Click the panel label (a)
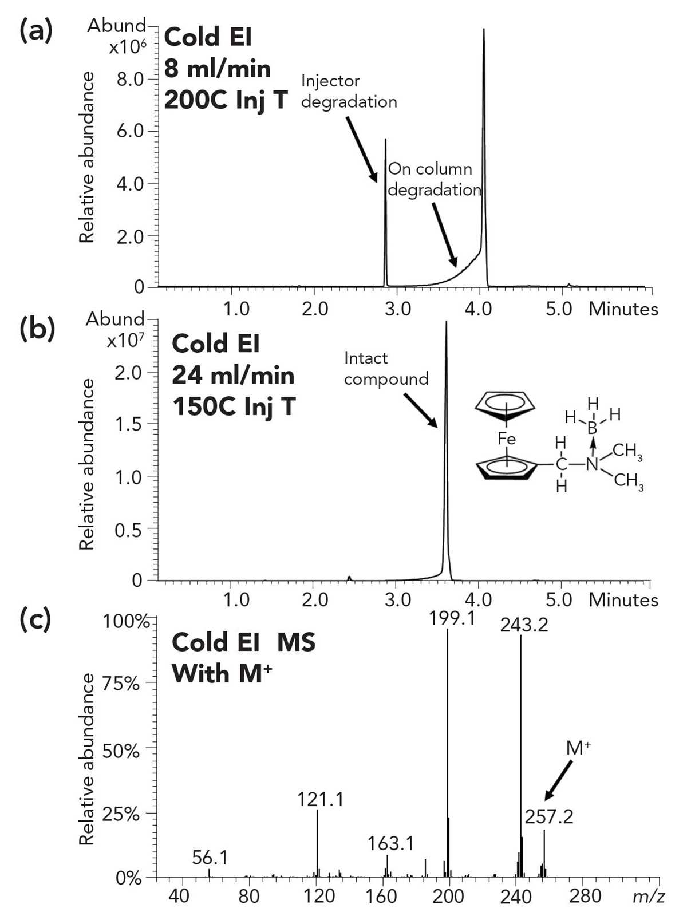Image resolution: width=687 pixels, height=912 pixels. (x=37, y=31)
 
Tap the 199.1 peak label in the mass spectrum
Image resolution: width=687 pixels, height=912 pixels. (x=452, y=618)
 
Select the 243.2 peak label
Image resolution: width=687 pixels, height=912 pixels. (x=524, y=625)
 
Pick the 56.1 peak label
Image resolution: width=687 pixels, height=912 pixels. (x=210, y=858)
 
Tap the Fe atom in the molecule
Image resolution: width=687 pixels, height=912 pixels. (x=507, y=439)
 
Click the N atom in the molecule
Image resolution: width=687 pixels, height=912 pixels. (x=592, y=464)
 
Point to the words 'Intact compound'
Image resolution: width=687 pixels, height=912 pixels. (x=386, y=368)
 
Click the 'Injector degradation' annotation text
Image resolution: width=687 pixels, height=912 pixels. (x=349, y=92)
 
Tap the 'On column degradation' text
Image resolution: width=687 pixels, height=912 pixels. (x=434, y=180)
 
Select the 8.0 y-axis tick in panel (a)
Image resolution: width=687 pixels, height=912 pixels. (x=130, y=79)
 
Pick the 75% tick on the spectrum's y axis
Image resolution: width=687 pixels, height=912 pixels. (x=120, y=684)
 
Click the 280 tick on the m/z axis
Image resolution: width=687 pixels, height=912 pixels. (x=585, y=895)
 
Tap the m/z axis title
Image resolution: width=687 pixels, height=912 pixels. (x=648, y=897)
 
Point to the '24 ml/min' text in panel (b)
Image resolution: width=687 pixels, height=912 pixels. (x=233, y=376)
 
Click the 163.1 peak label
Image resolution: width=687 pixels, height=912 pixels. (x=390, y=843)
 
